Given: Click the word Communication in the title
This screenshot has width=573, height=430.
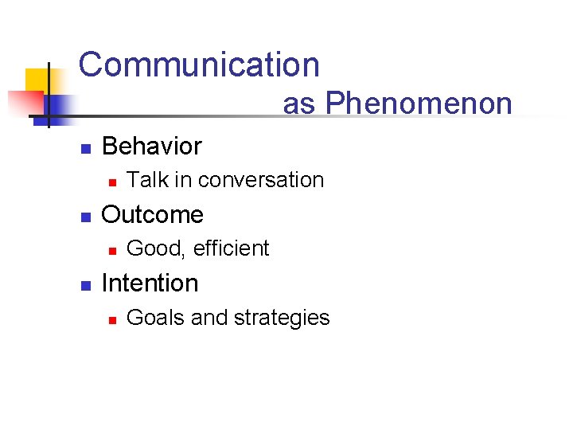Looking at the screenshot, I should click(x=199, y=64).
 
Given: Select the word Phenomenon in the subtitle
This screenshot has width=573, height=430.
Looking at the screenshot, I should click(x=419, y=104).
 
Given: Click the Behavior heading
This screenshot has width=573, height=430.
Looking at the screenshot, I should click(x=152, y=147).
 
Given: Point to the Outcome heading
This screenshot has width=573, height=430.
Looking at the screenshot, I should click(x=153, y=215).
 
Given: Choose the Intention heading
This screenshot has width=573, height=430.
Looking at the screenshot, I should click(x=150, y=283).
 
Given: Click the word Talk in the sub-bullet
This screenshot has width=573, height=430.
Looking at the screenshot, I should click(x=147, y=180).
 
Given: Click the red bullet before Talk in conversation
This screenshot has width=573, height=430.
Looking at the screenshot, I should click(x=112, y=182).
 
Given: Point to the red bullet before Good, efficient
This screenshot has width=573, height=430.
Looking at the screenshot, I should click(x=112, y=250).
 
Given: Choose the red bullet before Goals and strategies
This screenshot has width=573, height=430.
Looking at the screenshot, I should click(x=112, y=319).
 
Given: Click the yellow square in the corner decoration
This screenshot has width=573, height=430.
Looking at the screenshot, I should click(x=37, y=80).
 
